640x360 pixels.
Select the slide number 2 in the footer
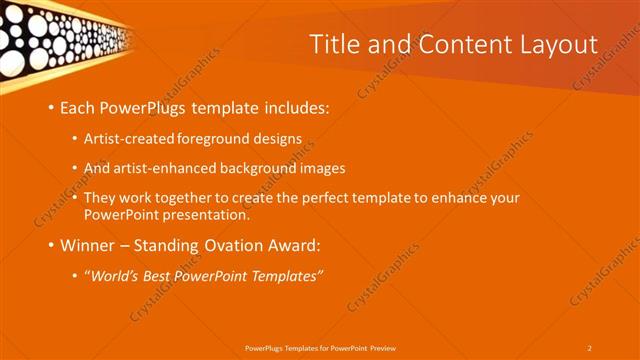point(589,348)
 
